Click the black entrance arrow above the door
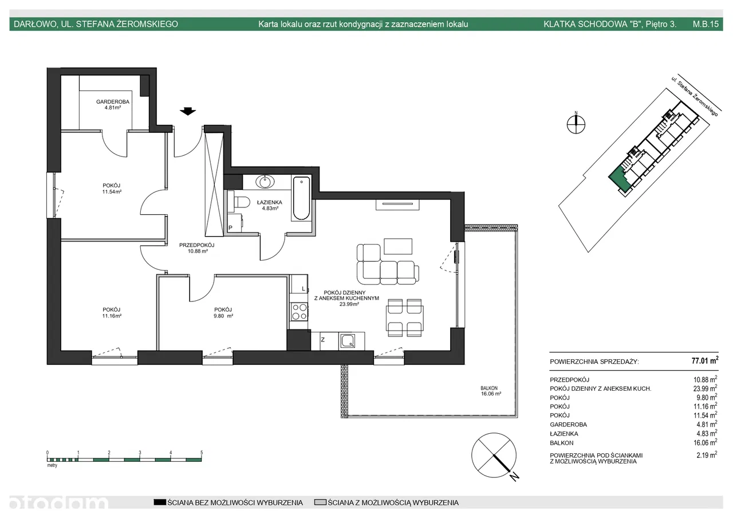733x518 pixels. [188, 111]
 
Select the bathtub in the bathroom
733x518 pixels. [301, 198]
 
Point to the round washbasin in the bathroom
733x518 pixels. [265, 182]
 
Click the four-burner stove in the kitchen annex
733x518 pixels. [299, 311]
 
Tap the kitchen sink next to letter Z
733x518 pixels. [348, 341]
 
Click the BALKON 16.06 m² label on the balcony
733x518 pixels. [491, 391]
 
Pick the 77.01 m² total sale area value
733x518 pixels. [705, 360]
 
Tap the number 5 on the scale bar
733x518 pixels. [202, 453]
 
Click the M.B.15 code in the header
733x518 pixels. [706, 24]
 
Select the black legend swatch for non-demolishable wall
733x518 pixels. [160, 503]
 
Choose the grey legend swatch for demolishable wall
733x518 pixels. [320, 503]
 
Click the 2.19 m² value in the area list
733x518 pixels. [707, 455]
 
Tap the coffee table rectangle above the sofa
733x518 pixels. [398, 246]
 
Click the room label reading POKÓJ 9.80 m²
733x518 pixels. [223, 313]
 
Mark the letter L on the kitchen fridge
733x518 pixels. [304, 289]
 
